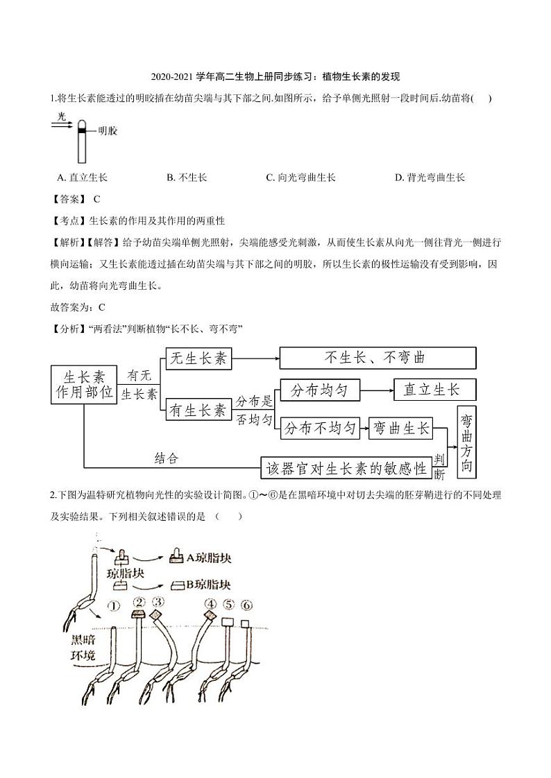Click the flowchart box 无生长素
(198, 358)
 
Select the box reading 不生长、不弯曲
(378, 358)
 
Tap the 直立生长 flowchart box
(435, 390)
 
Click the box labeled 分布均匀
(320, 390)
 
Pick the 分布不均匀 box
(320, 428)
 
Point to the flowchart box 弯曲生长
(400, 429)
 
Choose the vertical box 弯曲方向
(466, 442)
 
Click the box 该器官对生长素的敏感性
(346, 468)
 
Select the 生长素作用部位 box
(84, 385)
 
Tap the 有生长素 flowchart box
(198, 410)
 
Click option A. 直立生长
(83, 178)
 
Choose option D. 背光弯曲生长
(430, 178)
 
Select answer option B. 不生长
(187, 178)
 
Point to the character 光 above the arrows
(62, 116)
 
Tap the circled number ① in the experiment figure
(114, 606)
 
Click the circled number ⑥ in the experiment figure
(246, 605)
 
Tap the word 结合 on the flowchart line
(166, 458)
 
